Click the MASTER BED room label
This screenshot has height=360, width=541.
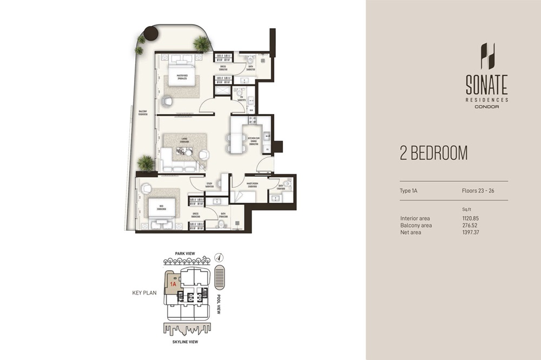178,76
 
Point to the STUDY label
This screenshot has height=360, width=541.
209,184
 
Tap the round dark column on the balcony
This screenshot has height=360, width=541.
151,34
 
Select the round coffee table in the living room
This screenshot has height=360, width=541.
203,155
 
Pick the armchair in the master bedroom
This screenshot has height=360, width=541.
167,101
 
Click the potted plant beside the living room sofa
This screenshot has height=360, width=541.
145,162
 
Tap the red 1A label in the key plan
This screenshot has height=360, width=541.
173,283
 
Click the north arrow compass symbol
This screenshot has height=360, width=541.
218,257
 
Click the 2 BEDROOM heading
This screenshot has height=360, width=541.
433,154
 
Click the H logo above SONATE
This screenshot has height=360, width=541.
487,56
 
